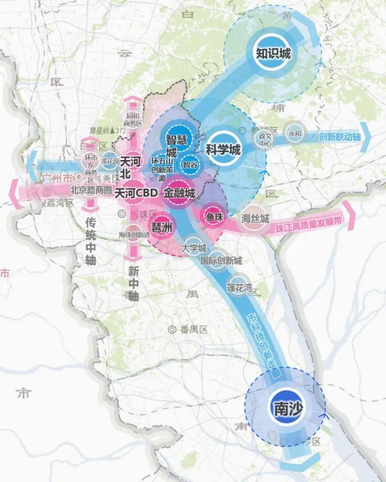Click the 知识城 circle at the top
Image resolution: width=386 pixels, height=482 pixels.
pos(273,54)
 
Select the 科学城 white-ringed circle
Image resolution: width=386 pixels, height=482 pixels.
pos(223,149)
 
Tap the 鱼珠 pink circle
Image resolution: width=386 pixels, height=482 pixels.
pos(214,216)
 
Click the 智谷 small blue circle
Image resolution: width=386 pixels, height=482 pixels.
pos(191,164)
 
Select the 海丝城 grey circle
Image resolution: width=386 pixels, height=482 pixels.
pos(257,218)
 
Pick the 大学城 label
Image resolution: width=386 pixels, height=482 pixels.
pos(194,248)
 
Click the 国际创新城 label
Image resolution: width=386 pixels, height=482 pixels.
pos(221,261)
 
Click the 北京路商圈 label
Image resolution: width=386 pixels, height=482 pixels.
pos(91,190)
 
